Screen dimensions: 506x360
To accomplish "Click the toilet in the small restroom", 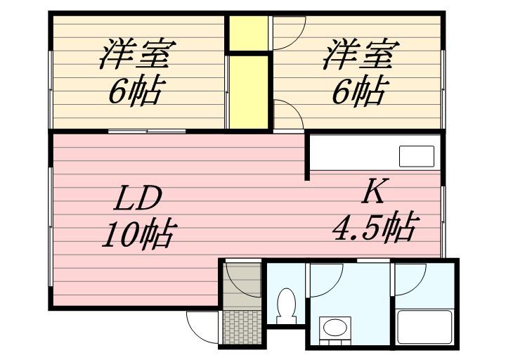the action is click(286, 306).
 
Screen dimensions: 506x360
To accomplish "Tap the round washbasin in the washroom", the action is click(335, 328).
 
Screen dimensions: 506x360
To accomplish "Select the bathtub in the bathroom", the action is click(424, 327).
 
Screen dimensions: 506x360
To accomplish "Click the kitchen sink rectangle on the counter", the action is click(417, 156).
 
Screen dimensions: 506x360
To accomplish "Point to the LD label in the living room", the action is click(138, 198).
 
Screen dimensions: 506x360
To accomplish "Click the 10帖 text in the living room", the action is click(139, 234).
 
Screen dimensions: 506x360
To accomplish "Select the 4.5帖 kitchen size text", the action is click(376, 228).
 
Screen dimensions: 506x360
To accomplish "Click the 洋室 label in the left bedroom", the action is click(137, 53).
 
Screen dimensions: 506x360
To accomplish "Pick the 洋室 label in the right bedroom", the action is click(361, 53).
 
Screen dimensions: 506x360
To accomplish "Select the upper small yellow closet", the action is click(249, 33).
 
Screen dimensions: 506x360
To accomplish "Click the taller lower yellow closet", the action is click(249, 92).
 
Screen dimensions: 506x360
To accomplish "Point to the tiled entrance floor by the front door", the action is click(242, 327).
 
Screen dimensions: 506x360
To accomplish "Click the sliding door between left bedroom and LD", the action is click(147, 131).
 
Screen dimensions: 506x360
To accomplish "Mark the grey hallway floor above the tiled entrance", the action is click(242, 285).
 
